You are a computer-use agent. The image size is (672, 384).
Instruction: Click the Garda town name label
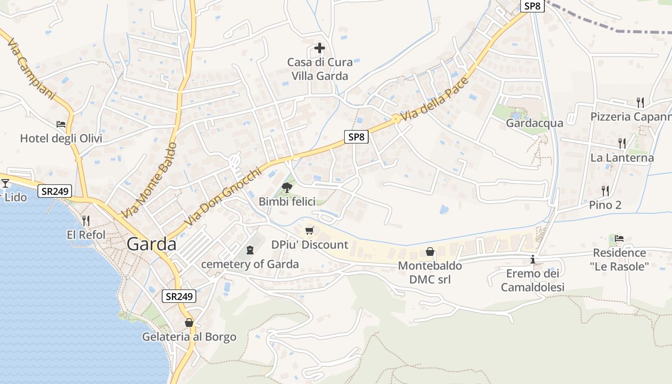tap(152, 244)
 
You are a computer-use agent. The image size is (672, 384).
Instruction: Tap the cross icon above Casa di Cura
tap(320, 48)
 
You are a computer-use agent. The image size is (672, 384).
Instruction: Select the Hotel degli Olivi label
tap(61, 139)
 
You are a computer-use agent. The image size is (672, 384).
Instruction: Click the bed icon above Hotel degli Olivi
tap(61, 124)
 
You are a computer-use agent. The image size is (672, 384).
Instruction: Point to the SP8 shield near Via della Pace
tap(356, 137)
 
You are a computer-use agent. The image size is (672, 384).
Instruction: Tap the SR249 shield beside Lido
tap(55, 192)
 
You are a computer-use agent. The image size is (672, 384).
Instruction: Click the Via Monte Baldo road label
tap(149, 180)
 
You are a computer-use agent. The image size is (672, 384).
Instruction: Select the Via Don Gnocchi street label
tap(224, 196)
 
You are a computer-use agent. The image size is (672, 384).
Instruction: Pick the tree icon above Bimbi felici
tap(287, 187)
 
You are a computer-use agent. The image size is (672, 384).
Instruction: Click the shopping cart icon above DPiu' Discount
tap(310, 231)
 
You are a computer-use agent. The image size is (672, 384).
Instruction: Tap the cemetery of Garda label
tap(250, 264)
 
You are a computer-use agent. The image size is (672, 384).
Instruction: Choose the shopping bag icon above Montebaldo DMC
tap(430, 252)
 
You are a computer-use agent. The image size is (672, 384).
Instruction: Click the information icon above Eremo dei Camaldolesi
tap(533, 260)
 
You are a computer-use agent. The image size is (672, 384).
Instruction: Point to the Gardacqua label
tap(534, 123)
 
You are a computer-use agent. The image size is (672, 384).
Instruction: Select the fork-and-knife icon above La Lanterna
tap(622, 143)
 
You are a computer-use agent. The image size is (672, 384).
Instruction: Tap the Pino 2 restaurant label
tap(605, 205)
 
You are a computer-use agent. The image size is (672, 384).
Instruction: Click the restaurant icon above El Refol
tap(85, 221)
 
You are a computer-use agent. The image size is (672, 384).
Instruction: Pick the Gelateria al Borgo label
tap(189, 337)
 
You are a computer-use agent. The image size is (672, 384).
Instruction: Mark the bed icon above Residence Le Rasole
tap(619, 238)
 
